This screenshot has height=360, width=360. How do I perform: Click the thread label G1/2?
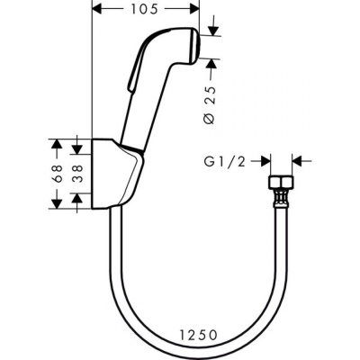224,163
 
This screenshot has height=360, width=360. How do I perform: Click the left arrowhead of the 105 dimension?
99,10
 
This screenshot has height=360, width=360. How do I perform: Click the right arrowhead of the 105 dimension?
194,10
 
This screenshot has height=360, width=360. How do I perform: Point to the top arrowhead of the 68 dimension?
56,144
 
